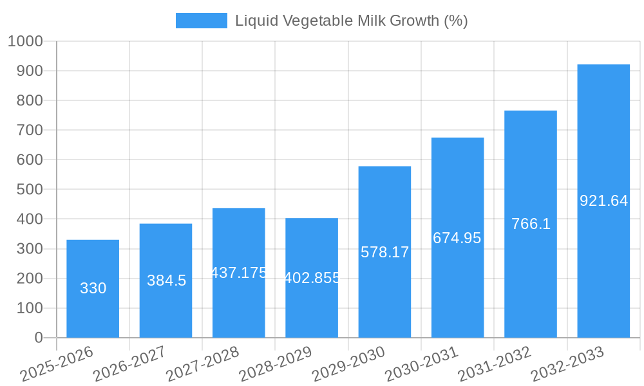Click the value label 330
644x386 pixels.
click(x=93, y=288)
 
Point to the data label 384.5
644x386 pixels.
click(x=166, y=280)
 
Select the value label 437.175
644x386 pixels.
click(x=239, y=273)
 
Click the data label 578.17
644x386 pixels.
click(x=384, y=252)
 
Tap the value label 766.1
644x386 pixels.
click(x=531, y=224)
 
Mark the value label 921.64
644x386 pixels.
click(x=603, y=201)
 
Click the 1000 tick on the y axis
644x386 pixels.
click(x=25, y=41)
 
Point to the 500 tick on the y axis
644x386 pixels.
click(x=29, y=190)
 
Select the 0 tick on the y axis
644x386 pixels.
click(x=39, y=338)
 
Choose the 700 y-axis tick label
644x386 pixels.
click(x=29, y=130)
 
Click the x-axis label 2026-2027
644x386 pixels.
click(x=129, y=364)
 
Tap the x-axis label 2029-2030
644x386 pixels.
click(x=348, y=364)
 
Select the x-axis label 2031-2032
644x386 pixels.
click(x=494, y=364)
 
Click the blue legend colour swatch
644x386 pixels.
click(x=201, y=21)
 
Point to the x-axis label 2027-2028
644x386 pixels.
click(x=202, y=364)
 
